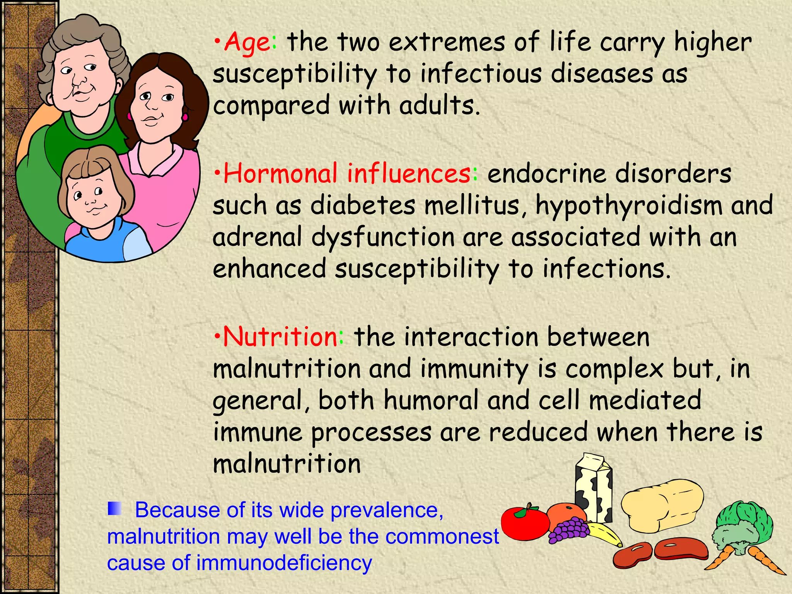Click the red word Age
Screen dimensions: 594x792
(x=247, y=43)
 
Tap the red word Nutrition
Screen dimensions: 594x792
(x=280, y=336)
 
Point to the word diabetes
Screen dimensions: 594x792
(x=363, y=205)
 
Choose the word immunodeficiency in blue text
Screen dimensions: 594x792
(x=284, y=563)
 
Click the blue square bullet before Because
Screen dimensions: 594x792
(x=115, y=508)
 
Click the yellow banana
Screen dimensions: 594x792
(x=605, y=534)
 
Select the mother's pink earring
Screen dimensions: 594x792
(x=185, y=116)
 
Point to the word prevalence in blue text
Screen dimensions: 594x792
(x=387, y=510)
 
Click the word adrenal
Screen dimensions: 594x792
(x=257, y=237)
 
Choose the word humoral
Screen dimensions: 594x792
(x=431, y=400)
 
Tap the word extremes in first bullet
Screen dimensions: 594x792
(x=447, y=43)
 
